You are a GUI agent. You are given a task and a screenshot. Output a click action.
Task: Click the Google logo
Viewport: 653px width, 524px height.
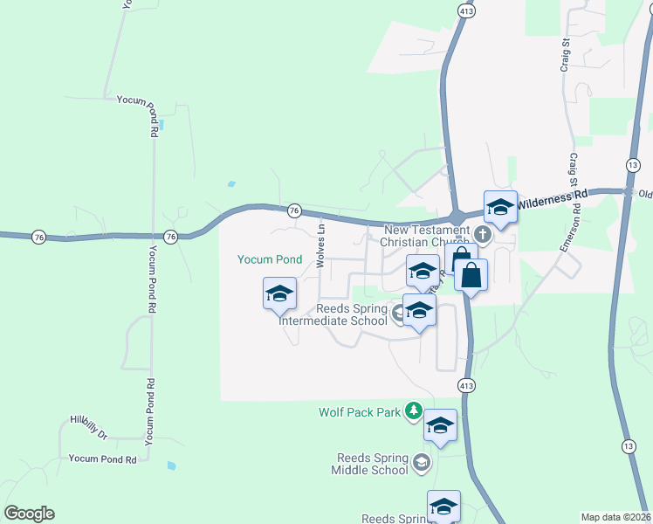30,514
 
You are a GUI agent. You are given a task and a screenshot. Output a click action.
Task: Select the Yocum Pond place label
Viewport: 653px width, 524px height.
270,259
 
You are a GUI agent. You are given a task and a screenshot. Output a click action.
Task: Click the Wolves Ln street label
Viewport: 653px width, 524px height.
320,245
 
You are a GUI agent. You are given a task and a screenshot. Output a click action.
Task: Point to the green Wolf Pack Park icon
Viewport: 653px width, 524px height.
415,410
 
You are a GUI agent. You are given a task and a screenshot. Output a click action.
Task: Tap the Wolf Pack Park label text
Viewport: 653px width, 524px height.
360,411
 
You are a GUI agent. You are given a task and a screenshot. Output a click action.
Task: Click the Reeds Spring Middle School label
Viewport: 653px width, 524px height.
370,464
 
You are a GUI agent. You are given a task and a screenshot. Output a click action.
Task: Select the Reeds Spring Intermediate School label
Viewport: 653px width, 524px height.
333,314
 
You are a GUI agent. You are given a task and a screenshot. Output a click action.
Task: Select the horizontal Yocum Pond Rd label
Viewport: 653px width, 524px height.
103,458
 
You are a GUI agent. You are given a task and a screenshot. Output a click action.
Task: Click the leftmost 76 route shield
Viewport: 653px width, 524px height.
38,237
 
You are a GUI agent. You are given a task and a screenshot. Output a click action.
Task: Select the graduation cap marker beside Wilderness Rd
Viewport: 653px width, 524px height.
500,208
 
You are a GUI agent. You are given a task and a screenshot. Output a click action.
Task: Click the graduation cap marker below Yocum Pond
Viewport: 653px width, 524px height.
279,293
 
